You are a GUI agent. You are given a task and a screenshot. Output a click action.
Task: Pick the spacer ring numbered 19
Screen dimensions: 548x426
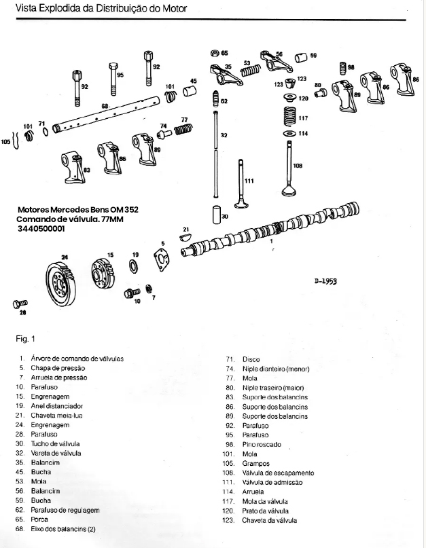click(134, 266)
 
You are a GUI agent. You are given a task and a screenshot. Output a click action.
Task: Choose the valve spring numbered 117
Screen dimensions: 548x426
click(290, 117)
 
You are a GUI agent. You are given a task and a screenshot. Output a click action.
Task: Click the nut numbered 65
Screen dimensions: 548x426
click(215, 52)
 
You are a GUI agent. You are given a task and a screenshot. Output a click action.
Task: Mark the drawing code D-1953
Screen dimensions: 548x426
click(326, 280)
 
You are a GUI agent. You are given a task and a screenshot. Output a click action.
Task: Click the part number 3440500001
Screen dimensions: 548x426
click(42, 229)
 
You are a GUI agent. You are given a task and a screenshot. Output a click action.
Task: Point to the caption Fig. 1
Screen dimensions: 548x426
click(24, 338)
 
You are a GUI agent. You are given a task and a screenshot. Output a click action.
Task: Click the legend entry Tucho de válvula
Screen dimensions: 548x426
click(56, 443)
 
